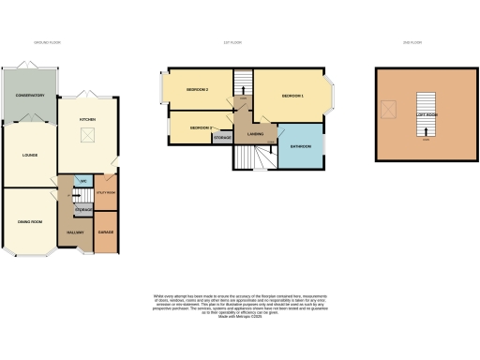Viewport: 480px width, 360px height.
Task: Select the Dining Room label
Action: [x=28, y=221]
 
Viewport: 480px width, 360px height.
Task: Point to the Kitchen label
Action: [x=87, y=120]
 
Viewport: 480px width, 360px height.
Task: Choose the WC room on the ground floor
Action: [x=83, y=181]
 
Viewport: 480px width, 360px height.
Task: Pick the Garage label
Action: [x=106, y=232]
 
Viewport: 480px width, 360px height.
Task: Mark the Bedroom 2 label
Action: [x=197, y=89]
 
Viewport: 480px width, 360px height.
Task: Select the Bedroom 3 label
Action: [x=201, y=127]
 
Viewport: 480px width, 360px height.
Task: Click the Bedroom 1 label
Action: [x=293, y=96]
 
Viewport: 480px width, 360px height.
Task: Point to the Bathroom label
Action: [x=300, y=147]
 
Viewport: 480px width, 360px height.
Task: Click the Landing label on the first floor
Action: [x=254, y=134]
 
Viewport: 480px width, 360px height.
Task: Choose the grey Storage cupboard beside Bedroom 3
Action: [x=222, y=138]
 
